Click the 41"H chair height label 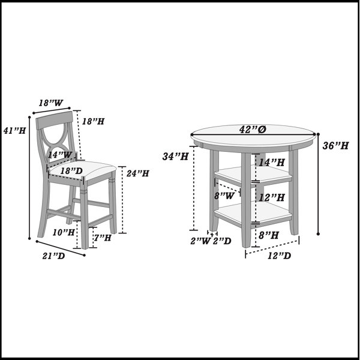point(14,131)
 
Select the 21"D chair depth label point(53,256)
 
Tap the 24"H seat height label point(138,173)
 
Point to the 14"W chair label point(60,155)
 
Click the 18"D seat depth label point(71,171)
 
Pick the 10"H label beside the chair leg point(64,232)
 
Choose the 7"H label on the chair point(102,238)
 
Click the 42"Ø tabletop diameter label point(253,130)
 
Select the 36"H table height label point(335,146)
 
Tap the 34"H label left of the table point(175,157)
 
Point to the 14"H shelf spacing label point(272,163)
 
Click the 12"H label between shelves point(272,197)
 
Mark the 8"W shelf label point(224,196)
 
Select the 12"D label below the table point(279,256)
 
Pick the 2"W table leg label point(200,241)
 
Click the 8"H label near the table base point(269,235)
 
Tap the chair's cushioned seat point(83,170)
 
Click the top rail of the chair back point(55,120)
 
